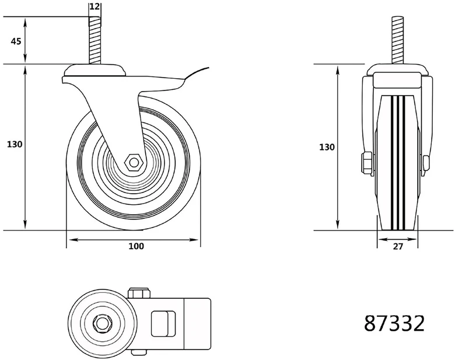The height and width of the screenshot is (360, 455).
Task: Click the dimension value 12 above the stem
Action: [x=94, y=6]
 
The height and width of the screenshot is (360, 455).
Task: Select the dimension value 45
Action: [x=16, y=41]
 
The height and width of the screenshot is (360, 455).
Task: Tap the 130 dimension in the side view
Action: [x=14, y=144]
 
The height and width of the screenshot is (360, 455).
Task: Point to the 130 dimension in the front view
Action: [x=327, y=147]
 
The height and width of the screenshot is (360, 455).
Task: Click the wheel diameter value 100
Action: [x=136, y=246]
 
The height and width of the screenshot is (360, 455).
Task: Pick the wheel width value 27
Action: [x=398, y=246]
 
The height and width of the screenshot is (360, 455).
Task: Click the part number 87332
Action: [x=394, y=323]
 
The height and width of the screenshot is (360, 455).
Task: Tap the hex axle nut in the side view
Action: [x=134, y=162]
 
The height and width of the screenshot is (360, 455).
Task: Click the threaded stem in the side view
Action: [x=94, y=41]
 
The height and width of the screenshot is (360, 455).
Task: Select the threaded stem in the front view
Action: [x=398, y=41]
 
